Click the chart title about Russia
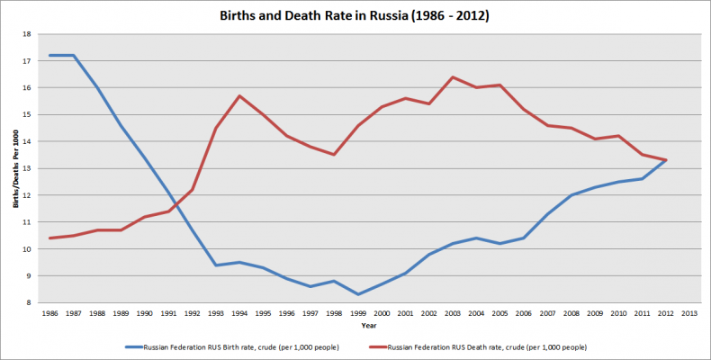pyautogui.click(x=354, y=15)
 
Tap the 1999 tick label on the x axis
pyautogui.click(x=358, y=313)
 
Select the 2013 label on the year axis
pyautogui.click(x=689, y=313)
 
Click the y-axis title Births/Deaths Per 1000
pyautogui.click(x=16, y=168)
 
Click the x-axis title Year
pyautogui.click(x=369, y=326)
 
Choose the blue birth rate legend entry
pyautogui.click(x=232, y=347)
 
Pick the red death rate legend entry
pyautogui.click(x=478, y=347)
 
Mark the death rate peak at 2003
pyautogui.click(x=453, y=77)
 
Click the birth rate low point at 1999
pyautogui.click(x=358, y=294)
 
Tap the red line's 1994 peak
pyautogui.click(x=239, y=95)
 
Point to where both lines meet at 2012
pyautogui.click(x=666, y=160)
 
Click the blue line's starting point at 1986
pyautogui.click(x=49, y=55)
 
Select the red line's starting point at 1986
pyautogui.click(x=49, y=238)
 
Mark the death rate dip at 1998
pyautogui.click(x=334, y=155)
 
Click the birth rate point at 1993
pyautogui.click(x=216, y=265)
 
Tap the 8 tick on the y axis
pyautogui.click(x=29, y=302)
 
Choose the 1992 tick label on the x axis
pyautogui.click(x=193, y=313)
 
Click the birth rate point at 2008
pyautogui.click(x=571, y=195)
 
